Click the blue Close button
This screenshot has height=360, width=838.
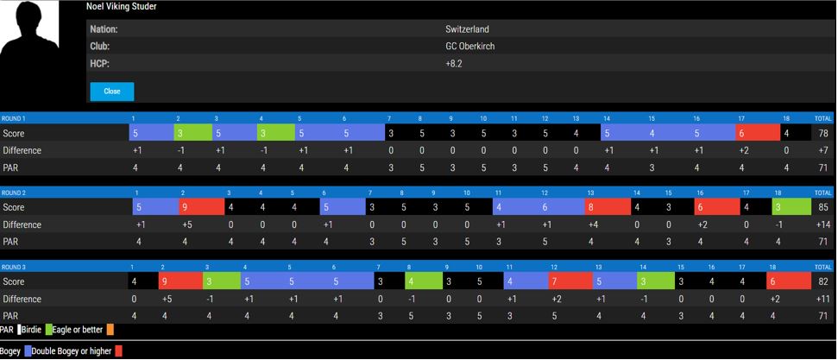tap(111, 92)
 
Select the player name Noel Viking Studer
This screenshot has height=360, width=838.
tap(121, 7)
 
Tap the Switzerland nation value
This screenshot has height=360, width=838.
tap(467, 29)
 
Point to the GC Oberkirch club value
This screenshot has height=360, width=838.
tap(469, 47)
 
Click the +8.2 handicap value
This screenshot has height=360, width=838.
tap(454, 64)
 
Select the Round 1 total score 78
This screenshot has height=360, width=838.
tap(822, 134)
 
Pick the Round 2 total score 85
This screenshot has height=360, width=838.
tap(822, 208)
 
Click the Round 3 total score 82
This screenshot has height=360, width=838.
tap(822, 282)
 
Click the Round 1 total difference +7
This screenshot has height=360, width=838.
tap(822, 151)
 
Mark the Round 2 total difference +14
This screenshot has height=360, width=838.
tap(822, 225)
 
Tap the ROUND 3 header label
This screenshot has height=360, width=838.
tap(14, 268)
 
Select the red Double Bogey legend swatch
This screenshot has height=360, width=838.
tap(118, 351)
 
